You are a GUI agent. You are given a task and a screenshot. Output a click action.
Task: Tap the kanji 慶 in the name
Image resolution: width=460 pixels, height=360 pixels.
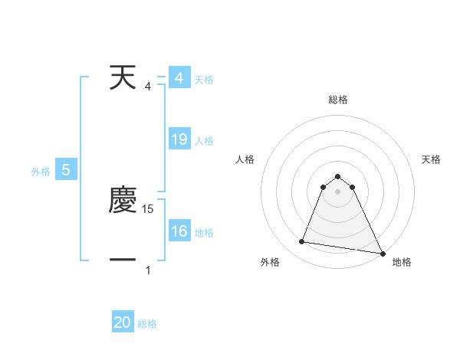123,201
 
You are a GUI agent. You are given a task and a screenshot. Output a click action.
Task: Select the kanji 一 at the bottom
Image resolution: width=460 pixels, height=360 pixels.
123,260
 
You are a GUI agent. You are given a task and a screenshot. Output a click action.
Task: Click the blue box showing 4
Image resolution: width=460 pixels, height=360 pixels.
179,78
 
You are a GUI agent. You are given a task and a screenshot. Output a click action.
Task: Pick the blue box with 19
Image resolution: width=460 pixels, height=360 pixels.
179,139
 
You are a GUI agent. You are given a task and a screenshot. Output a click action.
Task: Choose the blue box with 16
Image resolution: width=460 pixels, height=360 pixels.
179,231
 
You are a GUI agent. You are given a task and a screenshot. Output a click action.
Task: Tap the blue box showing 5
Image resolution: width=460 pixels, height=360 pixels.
66,170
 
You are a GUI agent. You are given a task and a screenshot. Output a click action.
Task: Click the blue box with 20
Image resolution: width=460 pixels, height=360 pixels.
123,322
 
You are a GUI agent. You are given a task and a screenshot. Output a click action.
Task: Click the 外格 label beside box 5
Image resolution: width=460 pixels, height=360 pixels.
41,172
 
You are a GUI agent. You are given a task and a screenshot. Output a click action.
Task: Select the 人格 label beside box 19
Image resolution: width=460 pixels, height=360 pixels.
204,141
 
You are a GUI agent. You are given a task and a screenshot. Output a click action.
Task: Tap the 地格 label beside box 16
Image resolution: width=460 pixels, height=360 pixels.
204,233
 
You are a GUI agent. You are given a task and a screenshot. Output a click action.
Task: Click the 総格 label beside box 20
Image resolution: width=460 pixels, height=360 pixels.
147,324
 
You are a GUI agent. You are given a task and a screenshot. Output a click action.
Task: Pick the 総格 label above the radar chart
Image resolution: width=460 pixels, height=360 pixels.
338,100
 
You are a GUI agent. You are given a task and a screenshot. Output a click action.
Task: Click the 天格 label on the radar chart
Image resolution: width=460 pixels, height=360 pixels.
432,159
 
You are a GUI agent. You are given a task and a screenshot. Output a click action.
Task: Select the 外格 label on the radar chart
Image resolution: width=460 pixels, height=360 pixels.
270,262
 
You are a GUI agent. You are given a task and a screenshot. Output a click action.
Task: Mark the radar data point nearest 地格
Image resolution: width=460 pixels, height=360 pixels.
382,253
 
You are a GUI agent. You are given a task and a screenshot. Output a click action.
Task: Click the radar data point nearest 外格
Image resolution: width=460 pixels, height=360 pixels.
302,242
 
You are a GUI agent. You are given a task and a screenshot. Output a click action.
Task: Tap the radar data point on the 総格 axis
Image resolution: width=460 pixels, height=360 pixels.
338,174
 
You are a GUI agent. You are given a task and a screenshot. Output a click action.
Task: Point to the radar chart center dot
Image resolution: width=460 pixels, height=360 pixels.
338,191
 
